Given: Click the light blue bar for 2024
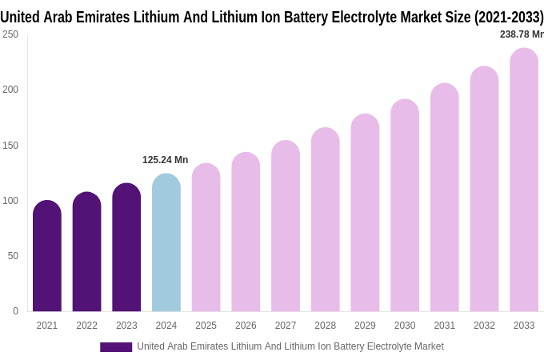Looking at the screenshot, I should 166,244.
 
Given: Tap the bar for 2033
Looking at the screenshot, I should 524,180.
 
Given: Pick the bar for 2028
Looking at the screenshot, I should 325,220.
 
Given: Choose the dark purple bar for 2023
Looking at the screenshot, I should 126,248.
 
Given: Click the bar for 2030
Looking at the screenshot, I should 405,206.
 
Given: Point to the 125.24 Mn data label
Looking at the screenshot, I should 165,160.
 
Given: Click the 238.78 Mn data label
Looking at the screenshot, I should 521,34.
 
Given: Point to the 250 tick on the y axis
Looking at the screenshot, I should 10,34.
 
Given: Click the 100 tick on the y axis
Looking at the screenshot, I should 10,201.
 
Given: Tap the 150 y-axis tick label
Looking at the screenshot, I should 10,146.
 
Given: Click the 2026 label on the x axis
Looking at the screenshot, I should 246,326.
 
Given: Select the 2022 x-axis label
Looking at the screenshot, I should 86,326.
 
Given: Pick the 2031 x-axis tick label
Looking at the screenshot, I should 444,326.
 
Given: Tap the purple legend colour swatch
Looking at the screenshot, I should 116,347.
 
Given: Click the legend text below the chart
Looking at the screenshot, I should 290,346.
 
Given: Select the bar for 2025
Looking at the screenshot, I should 206,238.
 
